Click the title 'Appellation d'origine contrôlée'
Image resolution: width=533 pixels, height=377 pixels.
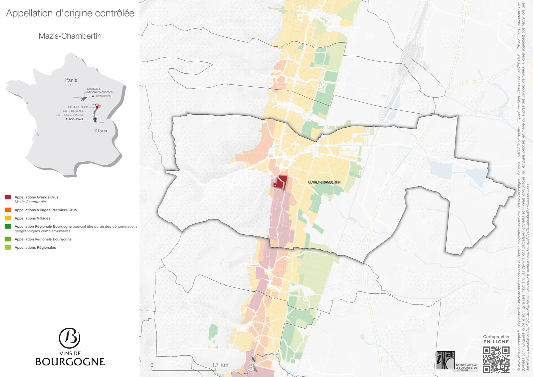click(70, 13)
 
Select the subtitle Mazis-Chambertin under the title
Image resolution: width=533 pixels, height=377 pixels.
click(70, 36)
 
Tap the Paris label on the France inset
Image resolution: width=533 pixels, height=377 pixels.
click(71, 80)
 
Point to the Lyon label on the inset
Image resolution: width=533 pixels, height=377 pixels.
click(102, 131)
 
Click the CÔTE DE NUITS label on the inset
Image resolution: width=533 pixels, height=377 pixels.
click(78, 107)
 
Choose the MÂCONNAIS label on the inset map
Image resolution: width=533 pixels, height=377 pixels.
click(74, 119)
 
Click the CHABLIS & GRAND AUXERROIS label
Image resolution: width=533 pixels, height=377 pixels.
click(100, 90)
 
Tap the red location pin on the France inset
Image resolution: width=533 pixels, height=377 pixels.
click(97, 106)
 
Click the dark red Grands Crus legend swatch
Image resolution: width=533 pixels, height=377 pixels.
click(8, 197)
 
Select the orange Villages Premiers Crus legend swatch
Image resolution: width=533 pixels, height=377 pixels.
click(8, 210)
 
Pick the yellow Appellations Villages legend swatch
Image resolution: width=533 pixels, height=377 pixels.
click(8, 218)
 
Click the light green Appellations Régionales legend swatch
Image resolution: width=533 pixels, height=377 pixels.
click(8, 247)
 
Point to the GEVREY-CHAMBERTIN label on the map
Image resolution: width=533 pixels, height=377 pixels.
click(324, 182)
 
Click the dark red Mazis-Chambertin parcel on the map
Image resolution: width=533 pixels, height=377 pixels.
click(280, 183)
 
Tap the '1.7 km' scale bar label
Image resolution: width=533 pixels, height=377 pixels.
click(220, 365)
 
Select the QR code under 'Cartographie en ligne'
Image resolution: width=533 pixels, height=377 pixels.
click(496, 360)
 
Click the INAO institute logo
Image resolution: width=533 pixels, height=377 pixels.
click(445, 360)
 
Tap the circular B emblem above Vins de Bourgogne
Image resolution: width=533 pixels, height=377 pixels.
click(70, 338)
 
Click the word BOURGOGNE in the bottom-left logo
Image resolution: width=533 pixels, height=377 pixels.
click(70, 362)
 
